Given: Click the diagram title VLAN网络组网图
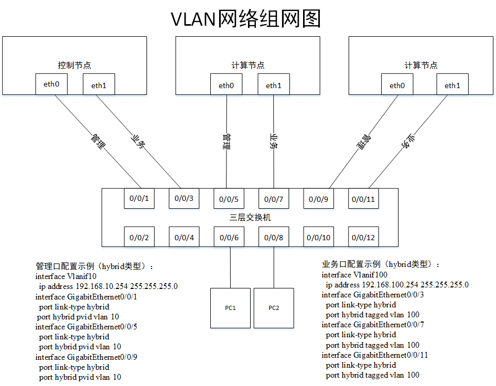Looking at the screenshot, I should pyautogui.click(x=246, y=19).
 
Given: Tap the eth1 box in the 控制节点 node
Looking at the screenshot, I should pyautogui.click(x=99, y=85).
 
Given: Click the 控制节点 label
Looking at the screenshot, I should pyautogui.click(x=74, y=66).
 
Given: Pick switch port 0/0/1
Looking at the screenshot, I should pyautogui.click(x=139, y=199).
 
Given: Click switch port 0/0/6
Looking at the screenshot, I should pyautogui.click(x=229, y=238).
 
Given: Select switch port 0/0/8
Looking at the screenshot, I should pyautogui.click(x=274, y=238).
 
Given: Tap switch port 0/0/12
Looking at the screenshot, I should pyautogui.click(x=364, y=238).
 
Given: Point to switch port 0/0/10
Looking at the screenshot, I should pyautogui.click(x=319, y=238).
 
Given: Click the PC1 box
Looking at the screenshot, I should pyautogui.click(x=230, y=307).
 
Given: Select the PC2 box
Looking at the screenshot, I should pyautogui.click(x=274, y=307).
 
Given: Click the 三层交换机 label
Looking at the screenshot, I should pyautogui.click(x=250, y=217).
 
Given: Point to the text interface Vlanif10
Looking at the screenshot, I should pyautogui.click(x=66, y=276).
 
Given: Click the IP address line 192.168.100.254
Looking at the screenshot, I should pyautogui.click(x=397, y=285).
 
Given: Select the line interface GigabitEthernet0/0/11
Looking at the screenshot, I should pyautogui.click(x=375, y=355).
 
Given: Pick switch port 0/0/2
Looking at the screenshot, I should pyautogui.click(x=139, y=238).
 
